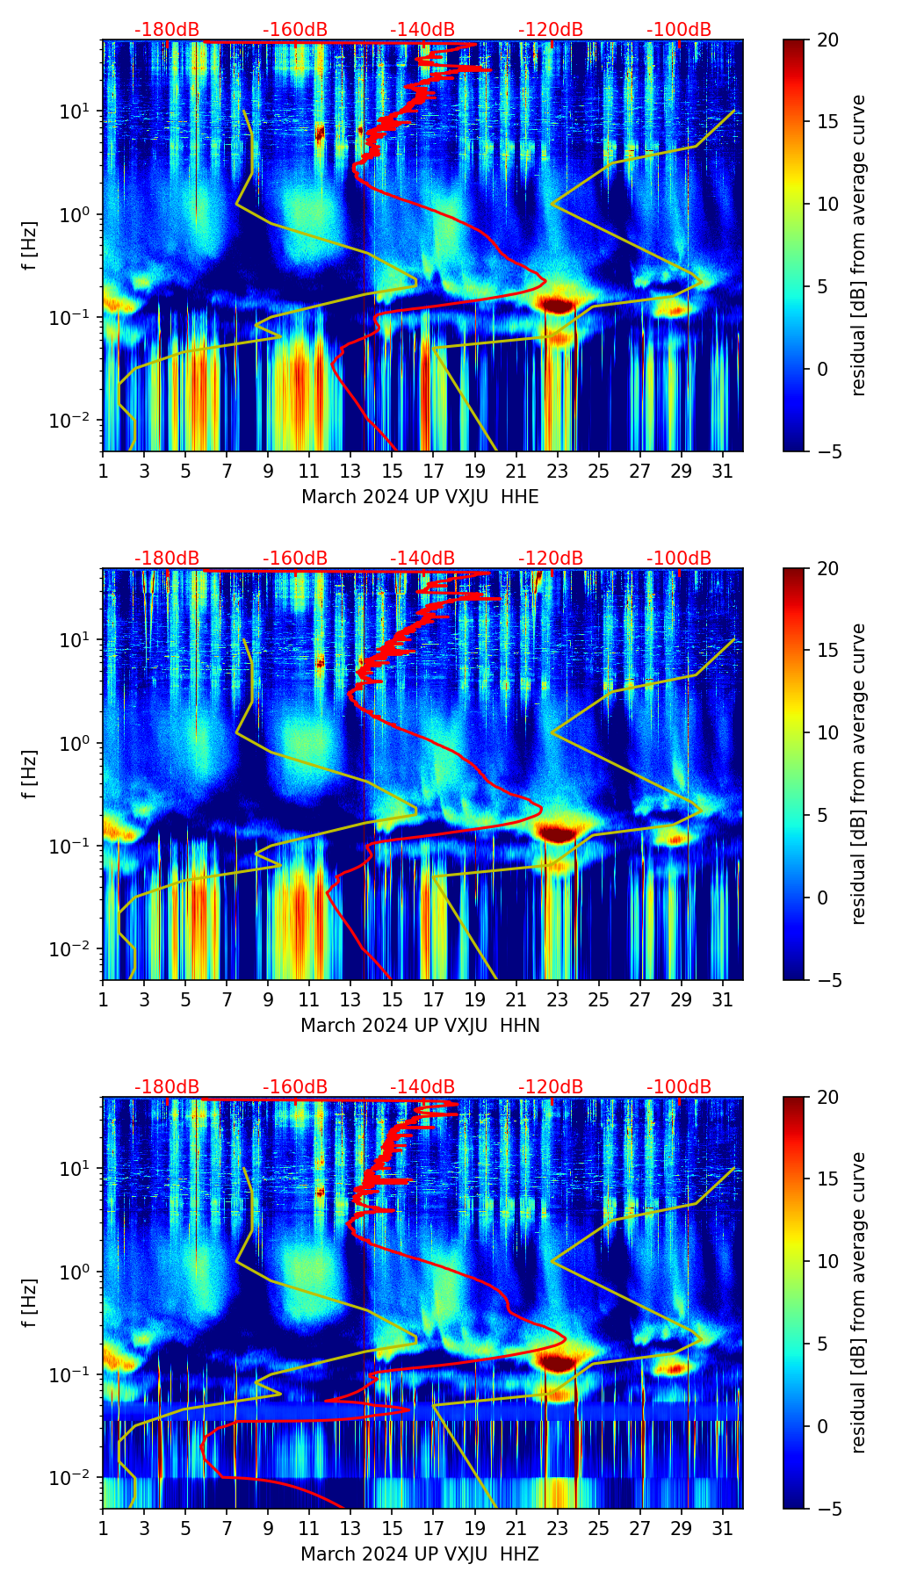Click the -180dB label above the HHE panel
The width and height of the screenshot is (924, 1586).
tap(167, 30)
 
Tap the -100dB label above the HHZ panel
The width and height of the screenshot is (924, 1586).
tap(679, 1087)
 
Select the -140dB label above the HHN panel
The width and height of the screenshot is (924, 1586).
tap(422, 559)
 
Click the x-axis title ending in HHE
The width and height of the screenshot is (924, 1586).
tap(420, 497)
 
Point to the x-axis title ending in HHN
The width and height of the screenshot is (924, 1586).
tap(420, 1026)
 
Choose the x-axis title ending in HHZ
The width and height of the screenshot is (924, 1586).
tap(420, 1554)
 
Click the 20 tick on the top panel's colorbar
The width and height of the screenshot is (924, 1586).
tap(827, 40)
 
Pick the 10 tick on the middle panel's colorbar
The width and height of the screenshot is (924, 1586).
tap(827, 732)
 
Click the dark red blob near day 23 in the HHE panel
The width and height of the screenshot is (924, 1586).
tap(556, 305)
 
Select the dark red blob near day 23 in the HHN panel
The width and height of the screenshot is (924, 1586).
tap(556, 833)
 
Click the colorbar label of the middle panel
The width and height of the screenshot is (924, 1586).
tap(859, 774)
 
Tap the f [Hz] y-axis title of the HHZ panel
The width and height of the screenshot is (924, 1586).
tap(31, 1302)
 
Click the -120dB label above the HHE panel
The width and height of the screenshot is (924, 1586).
tap(551, 30)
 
